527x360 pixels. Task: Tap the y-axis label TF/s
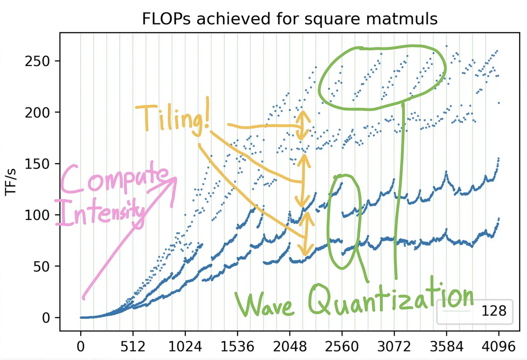[11, 184]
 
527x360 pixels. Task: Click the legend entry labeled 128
[494, 311]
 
